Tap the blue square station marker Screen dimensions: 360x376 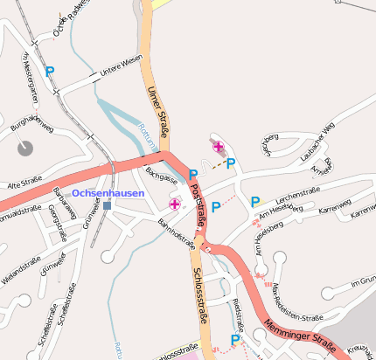(107, 205)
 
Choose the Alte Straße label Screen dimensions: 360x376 (24, 184)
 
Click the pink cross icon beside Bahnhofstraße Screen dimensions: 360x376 (175, 204)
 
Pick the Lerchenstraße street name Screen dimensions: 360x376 (297, 191)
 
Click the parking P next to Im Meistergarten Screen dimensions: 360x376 (50, 72)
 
